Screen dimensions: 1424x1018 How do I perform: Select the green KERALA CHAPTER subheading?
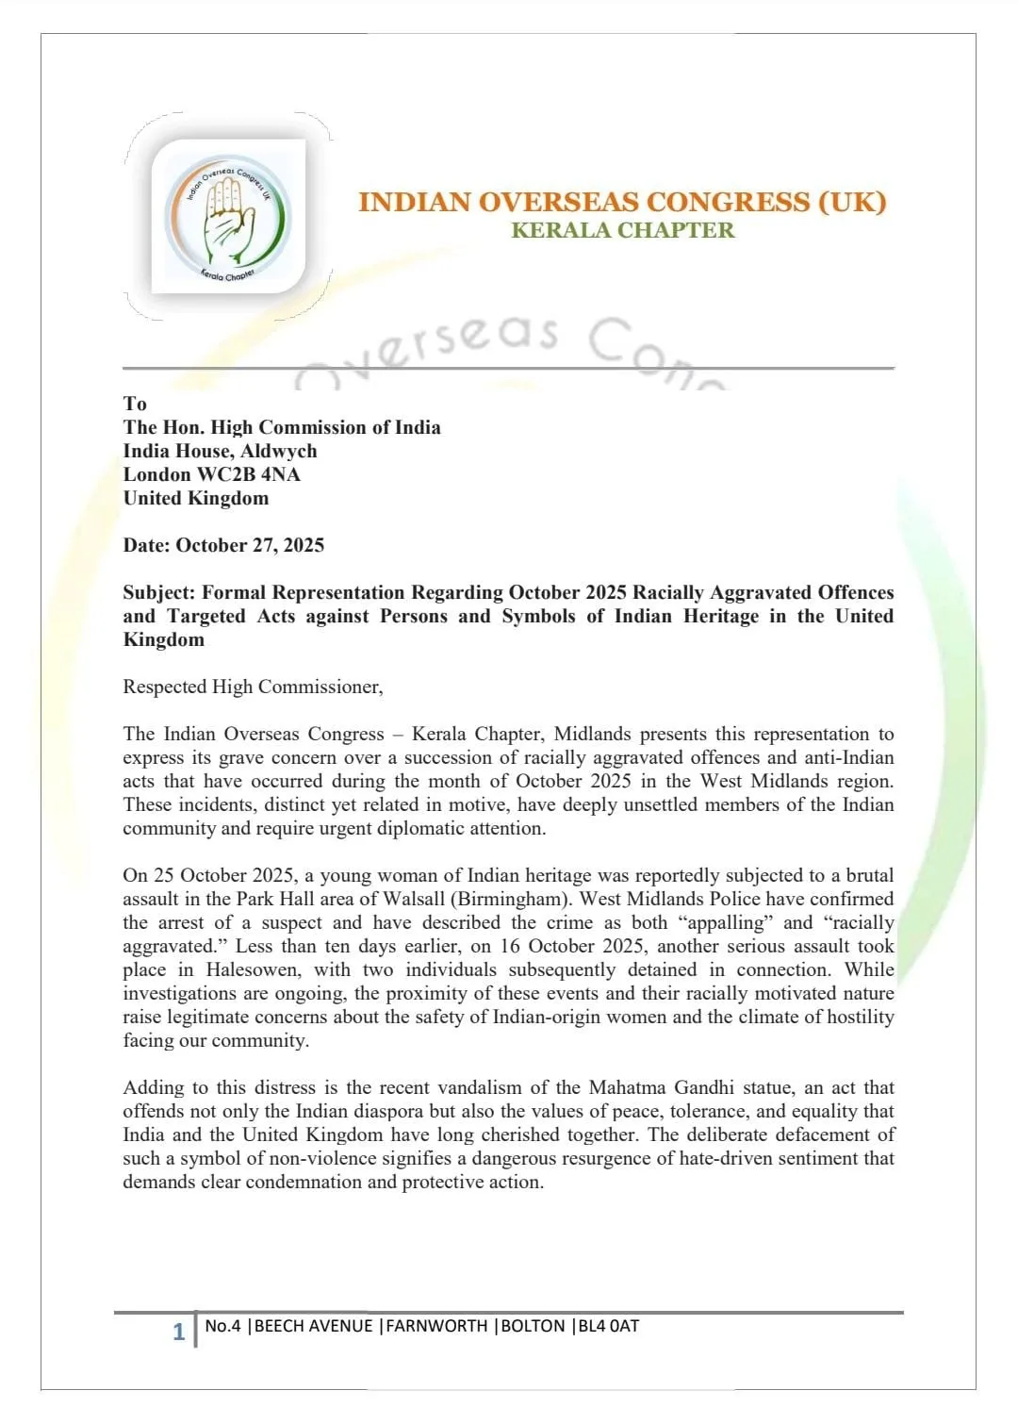coord(622,230)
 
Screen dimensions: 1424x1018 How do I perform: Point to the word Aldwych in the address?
coord(279,451)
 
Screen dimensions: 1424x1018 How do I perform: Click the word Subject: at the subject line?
coord(159,592)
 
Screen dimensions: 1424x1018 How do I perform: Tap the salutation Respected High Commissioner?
coord(253,687)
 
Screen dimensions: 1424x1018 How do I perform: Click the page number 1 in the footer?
coord(178,1332)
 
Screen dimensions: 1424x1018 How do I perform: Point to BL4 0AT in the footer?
coord(609,1326)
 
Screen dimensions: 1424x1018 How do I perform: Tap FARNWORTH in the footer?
coord(436,1326)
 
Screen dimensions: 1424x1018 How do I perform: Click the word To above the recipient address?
coord(135,404)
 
